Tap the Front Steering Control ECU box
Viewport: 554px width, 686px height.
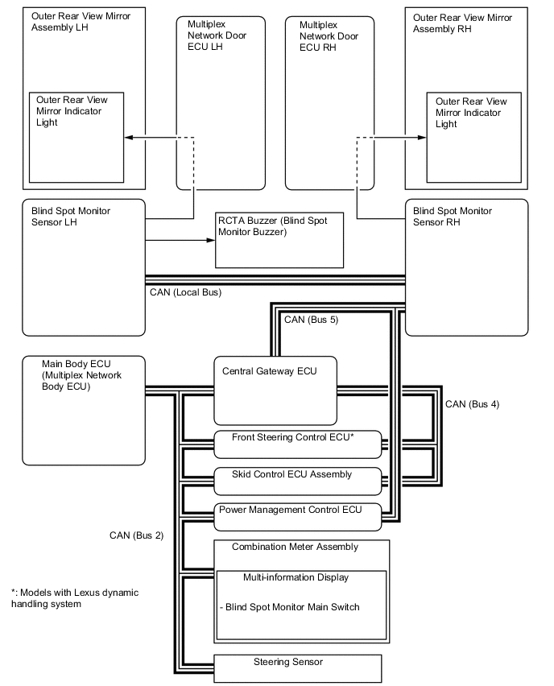296,442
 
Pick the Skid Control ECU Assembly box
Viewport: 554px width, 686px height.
296,479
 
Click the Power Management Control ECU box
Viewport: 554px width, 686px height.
296,514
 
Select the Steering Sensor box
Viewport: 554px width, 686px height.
296,667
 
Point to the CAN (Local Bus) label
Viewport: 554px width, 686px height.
185,292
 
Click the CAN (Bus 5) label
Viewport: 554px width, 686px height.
311,320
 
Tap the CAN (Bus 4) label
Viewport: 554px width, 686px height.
472,404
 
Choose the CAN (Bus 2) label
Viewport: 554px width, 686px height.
137,535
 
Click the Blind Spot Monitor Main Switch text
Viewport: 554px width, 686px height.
290,607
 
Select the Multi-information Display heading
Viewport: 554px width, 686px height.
296,577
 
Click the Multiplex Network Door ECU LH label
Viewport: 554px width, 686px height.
211,35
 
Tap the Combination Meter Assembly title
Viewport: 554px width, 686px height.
295,547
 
